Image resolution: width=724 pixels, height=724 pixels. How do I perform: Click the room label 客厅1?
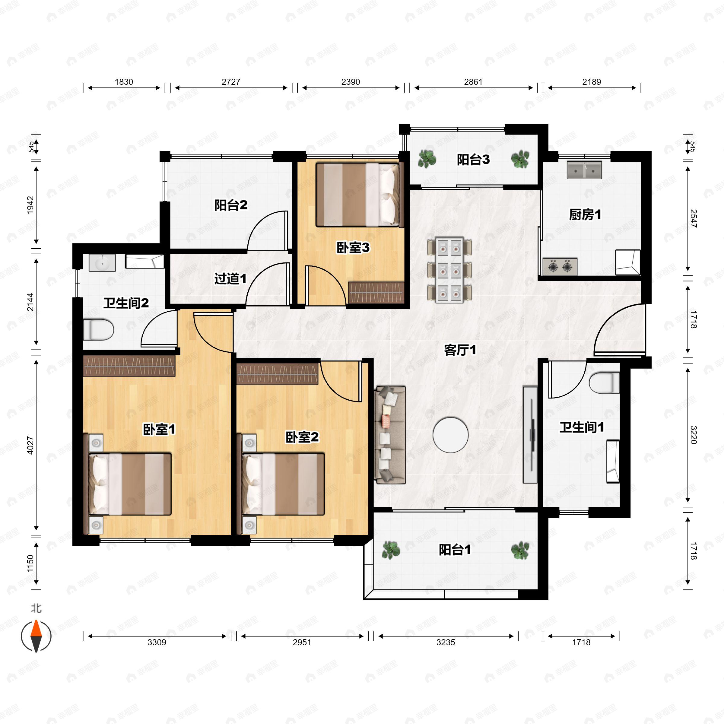tap(460, 350)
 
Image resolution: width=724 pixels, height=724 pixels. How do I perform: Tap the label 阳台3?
tap(473, 160)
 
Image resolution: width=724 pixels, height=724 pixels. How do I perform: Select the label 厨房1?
tap(585, 215)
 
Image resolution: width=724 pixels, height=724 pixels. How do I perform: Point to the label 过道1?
tap(230, 278)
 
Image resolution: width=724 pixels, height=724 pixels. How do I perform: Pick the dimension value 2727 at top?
tap(231, 82)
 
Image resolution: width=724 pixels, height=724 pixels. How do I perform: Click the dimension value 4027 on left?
tap(30, 445)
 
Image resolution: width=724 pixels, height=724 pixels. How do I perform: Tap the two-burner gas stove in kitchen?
tap(560, 266)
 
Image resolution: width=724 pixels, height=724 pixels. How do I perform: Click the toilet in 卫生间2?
tap(98, 330)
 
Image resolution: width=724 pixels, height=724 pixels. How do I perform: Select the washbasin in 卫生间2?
tap(102, 263)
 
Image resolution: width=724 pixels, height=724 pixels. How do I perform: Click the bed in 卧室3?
tap(357, 195)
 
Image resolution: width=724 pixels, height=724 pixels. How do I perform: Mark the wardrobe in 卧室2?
tap(277, 373)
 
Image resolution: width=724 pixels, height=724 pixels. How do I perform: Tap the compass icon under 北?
tap(36, 636)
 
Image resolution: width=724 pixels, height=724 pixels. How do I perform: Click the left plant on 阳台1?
tap(391, 550)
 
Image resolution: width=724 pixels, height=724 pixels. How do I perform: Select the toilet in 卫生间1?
tap(604, 383)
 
